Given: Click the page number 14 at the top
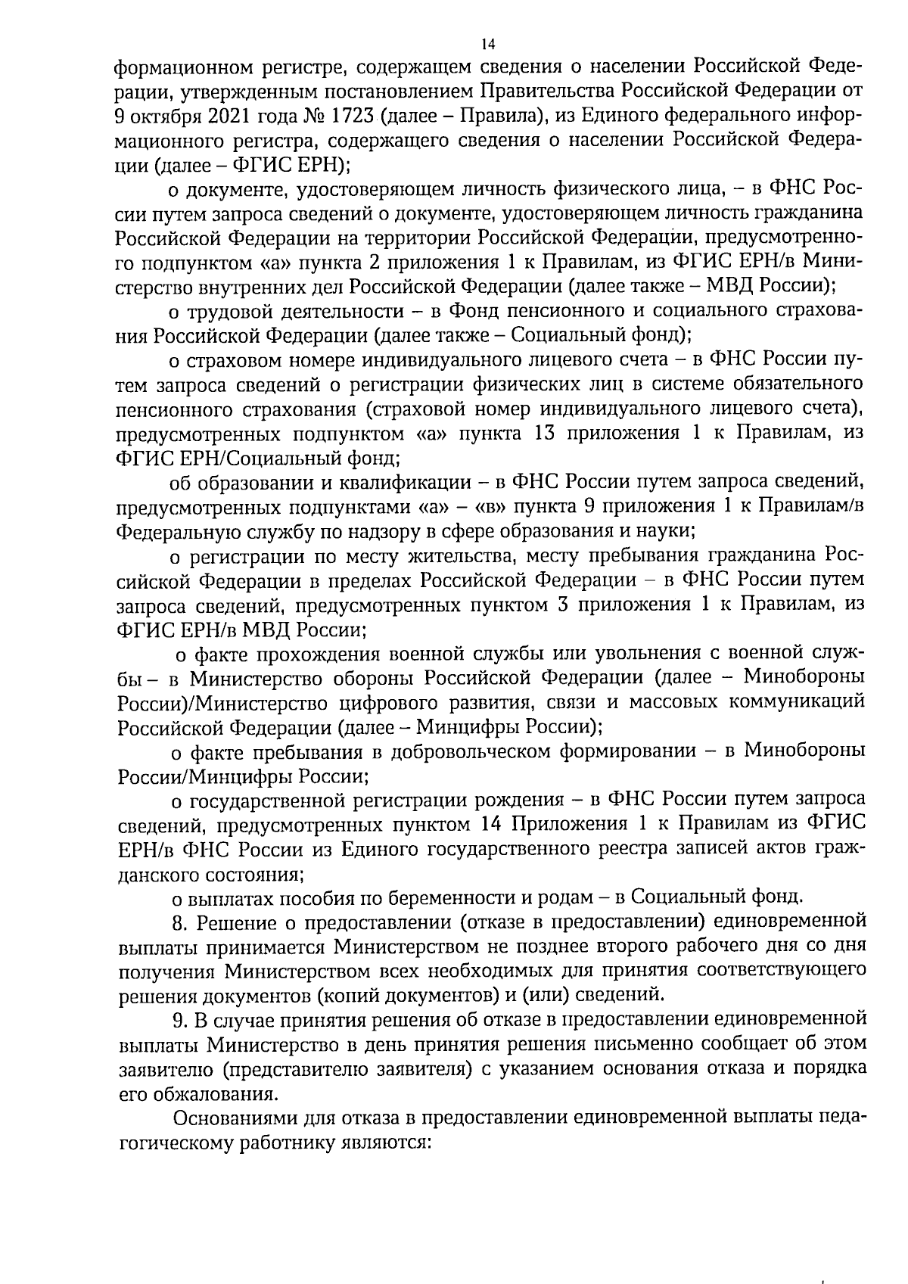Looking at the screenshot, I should click(488, 44).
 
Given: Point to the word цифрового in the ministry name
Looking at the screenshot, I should click(417, 701).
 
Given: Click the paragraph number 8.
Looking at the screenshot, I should click(178, 922).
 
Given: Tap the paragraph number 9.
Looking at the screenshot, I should click(178, 1021).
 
